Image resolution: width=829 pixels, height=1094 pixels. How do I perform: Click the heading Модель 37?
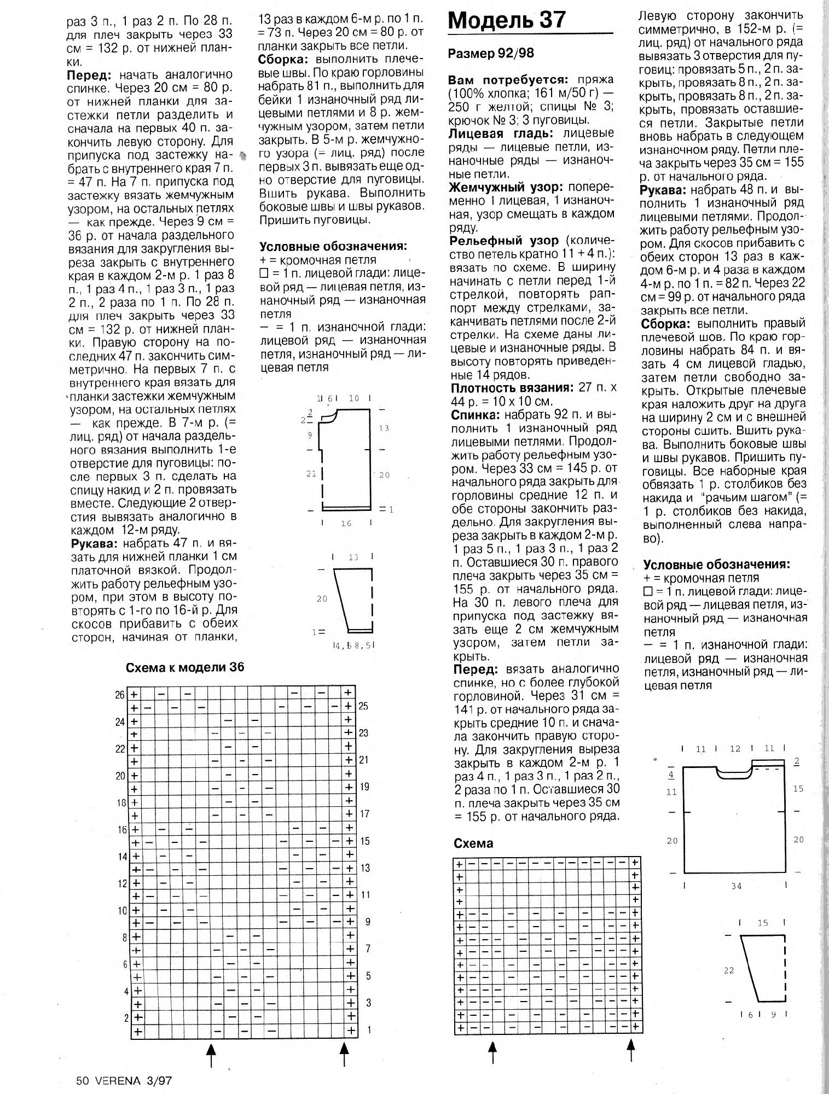point(507,20)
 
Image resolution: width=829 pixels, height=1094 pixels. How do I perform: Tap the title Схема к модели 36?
point(185,667)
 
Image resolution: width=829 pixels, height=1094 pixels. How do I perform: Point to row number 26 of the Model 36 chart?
point(120,695)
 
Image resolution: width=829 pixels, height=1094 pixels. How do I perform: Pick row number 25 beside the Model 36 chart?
point(364,706)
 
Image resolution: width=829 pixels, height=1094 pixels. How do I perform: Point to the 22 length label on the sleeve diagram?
point(728,971)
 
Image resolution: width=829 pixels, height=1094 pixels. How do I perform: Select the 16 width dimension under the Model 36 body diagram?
point(346,523)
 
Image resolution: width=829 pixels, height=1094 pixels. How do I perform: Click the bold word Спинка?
point(476,415)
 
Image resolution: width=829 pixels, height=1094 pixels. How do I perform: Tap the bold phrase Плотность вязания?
point(511,388)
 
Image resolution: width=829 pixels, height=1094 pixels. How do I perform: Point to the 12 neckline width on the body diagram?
point(735,749)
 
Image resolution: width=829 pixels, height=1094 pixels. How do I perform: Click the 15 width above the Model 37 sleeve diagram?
point(763,923)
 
